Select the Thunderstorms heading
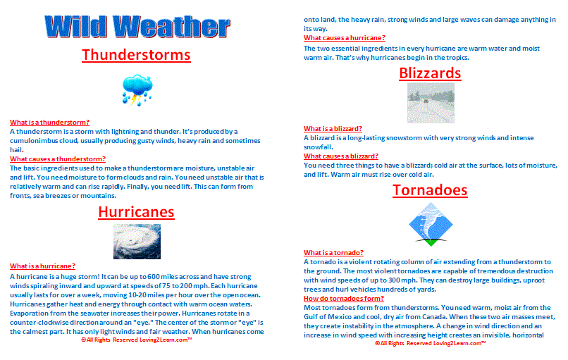pos(136,54)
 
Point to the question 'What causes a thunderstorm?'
pos(58,159)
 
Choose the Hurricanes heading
pos(136,211)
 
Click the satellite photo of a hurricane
pos(134,241)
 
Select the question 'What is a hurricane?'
pos(43,266)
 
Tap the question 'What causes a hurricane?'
pos(345,38)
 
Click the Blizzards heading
pos(430,73)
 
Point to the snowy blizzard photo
pos(430,104)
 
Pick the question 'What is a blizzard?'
pos(333,129)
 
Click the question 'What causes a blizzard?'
pos(341,156)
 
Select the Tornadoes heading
pos(430,190)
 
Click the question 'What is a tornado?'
pos(334,252)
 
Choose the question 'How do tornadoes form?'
pos(343,298)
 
